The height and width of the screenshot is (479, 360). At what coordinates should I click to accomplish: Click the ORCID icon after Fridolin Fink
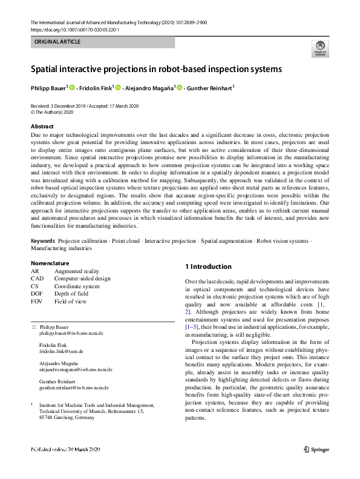coord(119,88)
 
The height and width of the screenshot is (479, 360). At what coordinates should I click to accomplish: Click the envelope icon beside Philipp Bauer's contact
coord(34,327)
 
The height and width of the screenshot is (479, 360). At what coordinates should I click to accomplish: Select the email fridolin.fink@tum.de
coord(61,351)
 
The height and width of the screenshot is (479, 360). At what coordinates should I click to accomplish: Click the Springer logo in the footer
coord(315,466)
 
